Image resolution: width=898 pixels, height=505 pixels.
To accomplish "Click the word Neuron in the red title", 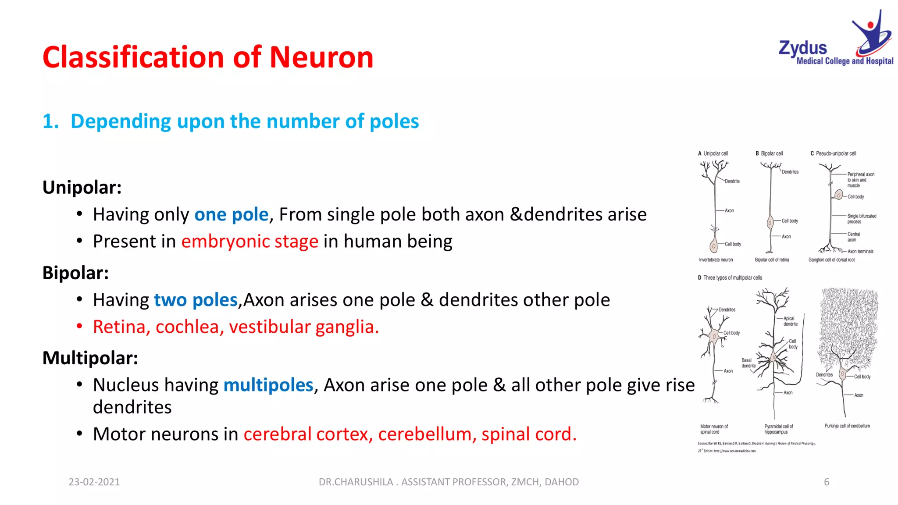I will [x=321, y=57].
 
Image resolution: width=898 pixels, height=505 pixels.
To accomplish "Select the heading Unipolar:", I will [x=82, y=188].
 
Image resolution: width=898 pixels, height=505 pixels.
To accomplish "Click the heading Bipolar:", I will [x=75, y=273].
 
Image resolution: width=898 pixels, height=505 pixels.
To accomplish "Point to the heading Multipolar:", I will [x=90, y=358].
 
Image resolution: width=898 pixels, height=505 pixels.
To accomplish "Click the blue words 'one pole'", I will [x=231, y=215].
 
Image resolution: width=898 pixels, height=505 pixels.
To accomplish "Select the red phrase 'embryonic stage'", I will [x=249, y=242].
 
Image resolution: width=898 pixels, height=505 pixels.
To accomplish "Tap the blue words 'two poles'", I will [x=196, y=300].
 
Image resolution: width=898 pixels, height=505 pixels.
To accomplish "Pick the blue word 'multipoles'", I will [x=268, y=385].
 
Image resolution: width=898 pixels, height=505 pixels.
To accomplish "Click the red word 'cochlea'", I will [x=187, y=327].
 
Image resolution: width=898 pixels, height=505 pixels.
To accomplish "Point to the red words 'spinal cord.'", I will [x=529, y=434].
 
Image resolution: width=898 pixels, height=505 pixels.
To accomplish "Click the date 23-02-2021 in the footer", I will [x=94, y=482].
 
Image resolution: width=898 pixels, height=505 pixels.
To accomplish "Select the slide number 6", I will [x=827, y=482].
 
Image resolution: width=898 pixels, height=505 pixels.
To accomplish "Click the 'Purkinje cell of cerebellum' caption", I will [x=847, y=426].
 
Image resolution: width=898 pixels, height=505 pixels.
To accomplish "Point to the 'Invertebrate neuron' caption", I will [x=716, y=260].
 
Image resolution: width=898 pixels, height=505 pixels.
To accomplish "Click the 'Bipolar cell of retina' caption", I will [x=772, y=260].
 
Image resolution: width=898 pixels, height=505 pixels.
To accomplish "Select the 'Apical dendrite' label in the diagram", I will [x=790, y=321].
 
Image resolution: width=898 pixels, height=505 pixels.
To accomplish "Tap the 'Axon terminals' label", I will [x=860, y=252].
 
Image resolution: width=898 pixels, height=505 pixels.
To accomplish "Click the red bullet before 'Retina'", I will [x=79, y=327].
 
